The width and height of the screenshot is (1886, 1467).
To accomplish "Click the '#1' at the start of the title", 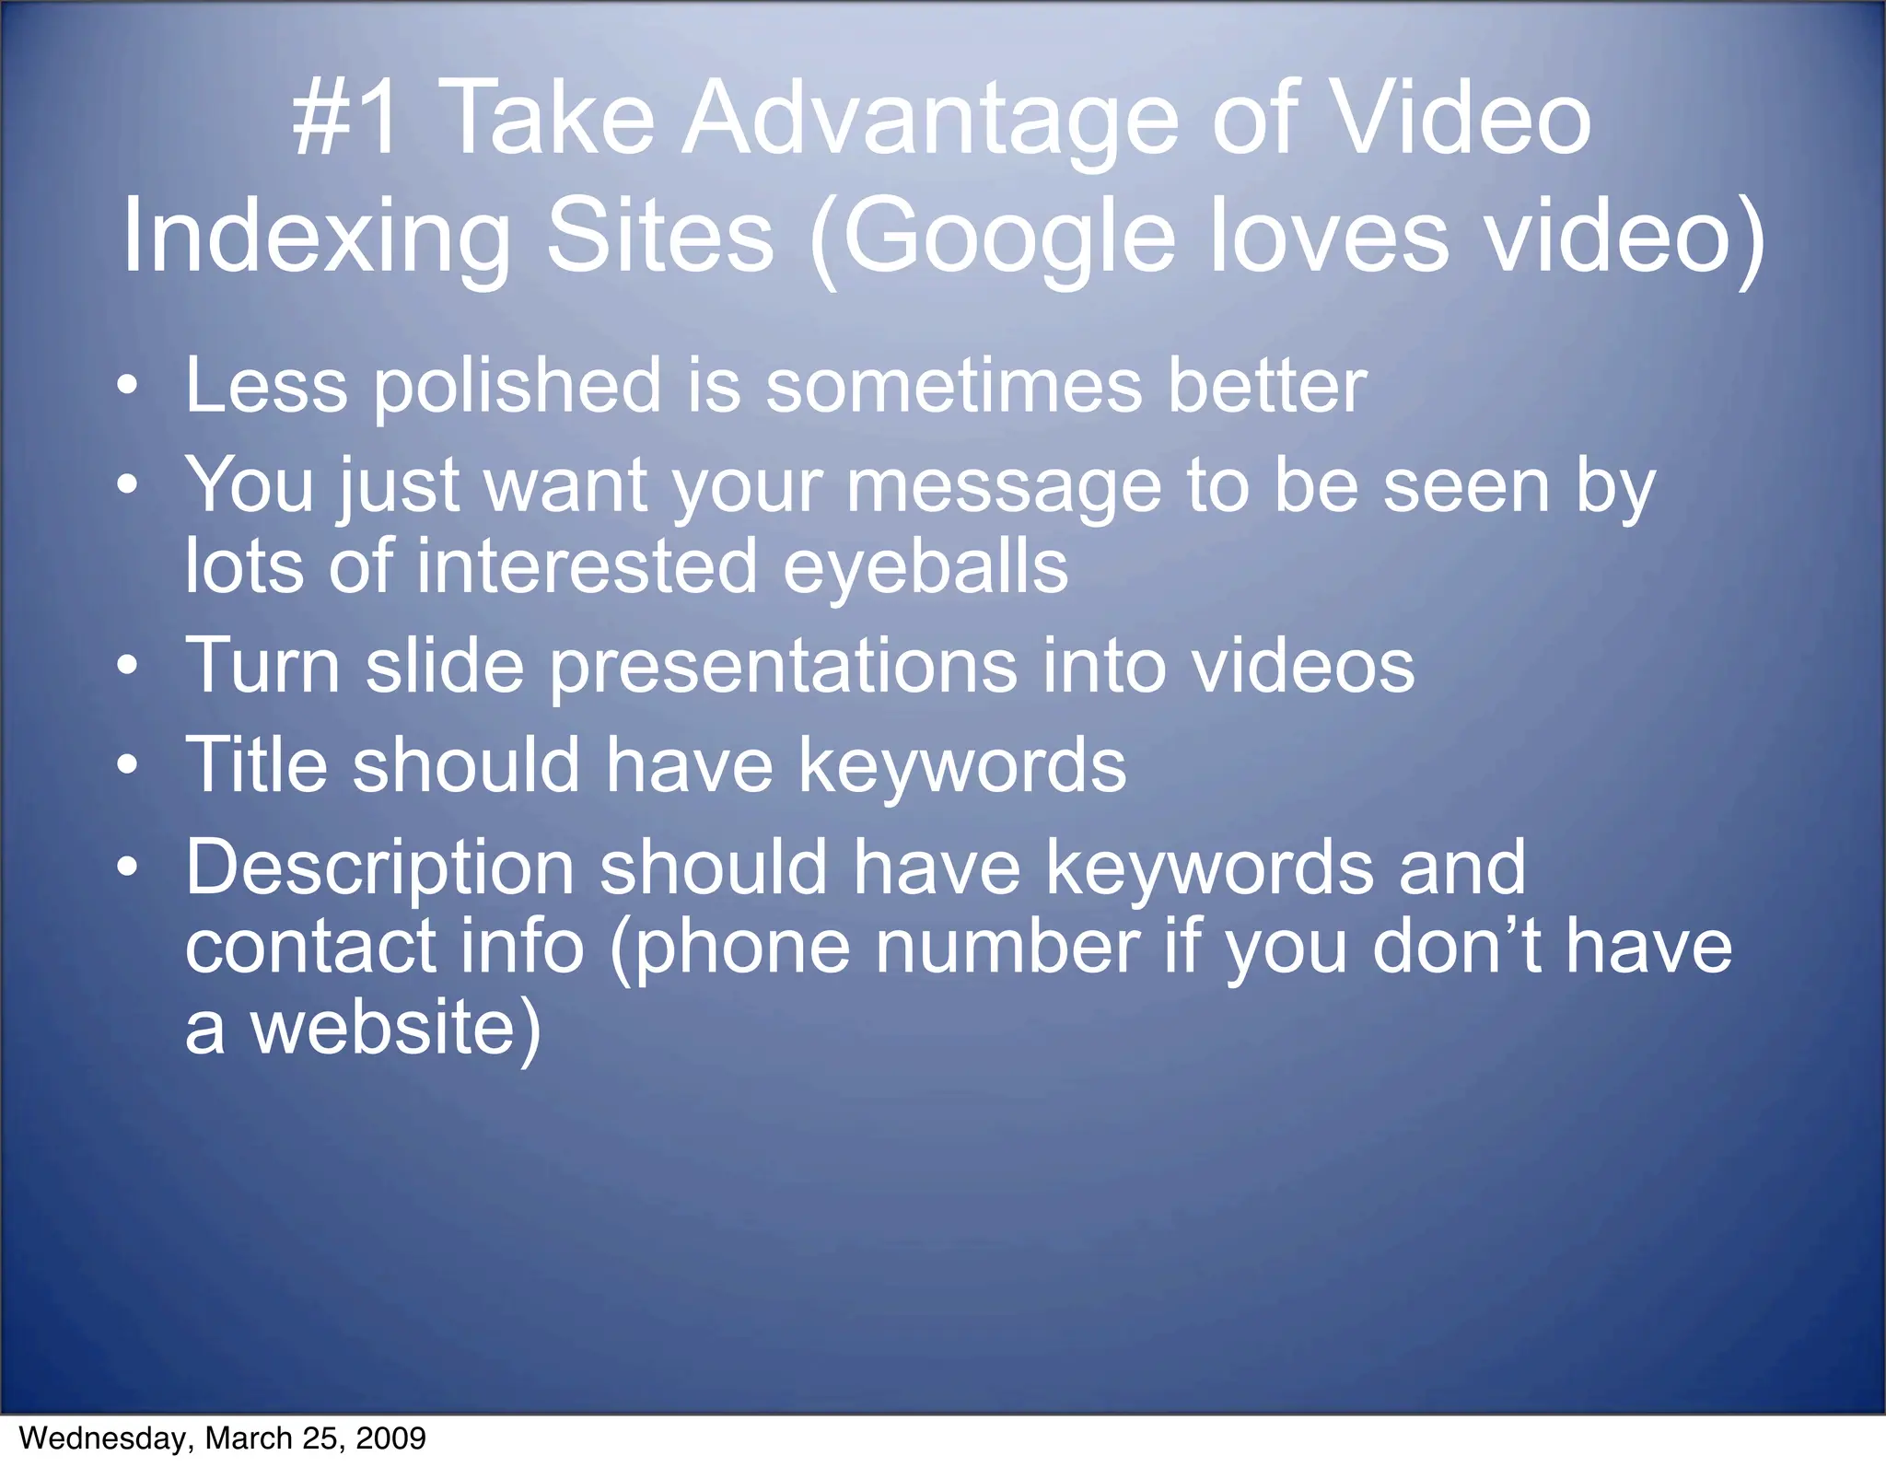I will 346,119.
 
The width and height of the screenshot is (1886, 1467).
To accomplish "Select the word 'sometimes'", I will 954,385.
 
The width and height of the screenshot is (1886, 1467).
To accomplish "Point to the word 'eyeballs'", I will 926,568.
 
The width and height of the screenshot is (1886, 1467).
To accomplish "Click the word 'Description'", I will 380,868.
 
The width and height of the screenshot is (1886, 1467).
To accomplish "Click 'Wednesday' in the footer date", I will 102,1438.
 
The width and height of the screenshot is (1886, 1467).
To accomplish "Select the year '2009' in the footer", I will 390,1438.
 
